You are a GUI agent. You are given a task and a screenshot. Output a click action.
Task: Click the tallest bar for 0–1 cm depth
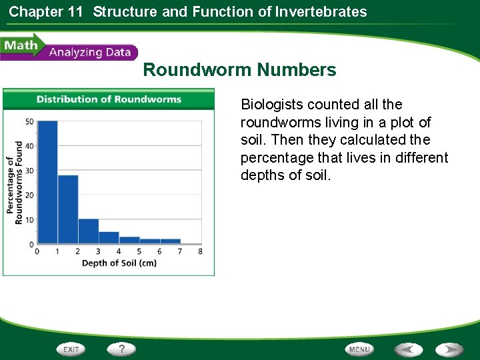click(47, 182)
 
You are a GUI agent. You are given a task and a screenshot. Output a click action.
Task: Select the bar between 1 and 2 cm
click(68, 209)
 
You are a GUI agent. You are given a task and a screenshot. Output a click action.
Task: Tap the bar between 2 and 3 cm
click(88, 231)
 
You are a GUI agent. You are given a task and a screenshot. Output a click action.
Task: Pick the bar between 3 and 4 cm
click(109, 237)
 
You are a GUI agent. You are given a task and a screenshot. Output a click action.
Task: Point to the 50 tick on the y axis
click(29, 121)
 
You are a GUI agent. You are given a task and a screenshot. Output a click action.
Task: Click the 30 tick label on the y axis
click(29, 171)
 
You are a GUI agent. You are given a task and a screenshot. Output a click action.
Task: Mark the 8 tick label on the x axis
click(200, 251)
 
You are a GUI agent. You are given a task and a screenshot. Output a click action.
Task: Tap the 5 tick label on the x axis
click(139, 251)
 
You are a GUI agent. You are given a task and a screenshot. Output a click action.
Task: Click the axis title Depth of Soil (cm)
click(119, 263)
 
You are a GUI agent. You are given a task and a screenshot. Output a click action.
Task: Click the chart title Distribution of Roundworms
click(109, 99)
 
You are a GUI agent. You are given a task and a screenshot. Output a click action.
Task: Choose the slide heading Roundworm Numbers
click(239, 70)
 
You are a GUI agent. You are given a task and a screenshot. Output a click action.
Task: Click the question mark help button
click(121, 349)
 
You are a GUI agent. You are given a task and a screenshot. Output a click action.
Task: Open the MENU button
click(359, 349)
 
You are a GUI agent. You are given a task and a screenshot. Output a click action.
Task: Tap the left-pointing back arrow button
click(407, 349)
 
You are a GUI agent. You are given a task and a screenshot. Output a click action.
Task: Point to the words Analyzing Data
click(90, 52)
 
